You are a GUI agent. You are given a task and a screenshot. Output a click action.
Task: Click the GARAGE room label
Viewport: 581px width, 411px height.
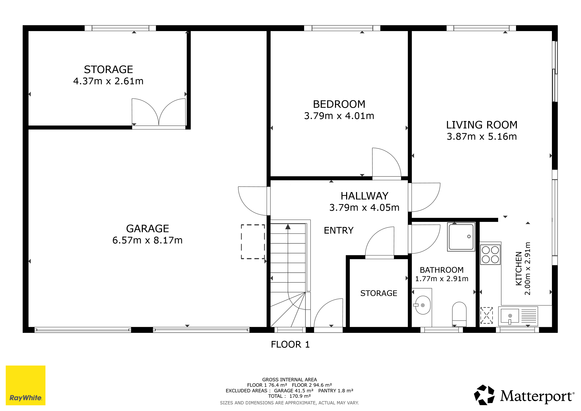(x=147, y=229)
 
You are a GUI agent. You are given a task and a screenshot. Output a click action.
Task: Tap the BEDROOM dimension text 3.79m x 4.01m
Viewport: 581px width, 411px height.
(x=339, y=116)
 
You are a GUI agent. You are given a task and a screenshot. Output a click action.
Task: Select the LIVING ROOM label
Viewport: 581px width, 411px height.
(x=481, y=125)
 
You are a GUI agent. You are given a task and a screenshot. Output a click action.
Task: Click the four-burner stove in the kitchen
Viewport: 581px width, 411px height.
(x=490, y=255)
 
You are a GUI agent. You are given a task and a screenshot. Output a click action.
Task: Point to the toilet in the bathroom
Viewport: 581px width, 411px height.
(x=459, y=314)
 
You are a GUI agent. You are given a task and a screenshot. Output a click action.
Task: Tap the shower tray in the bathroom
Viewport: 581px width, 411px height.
(x=461, y=237)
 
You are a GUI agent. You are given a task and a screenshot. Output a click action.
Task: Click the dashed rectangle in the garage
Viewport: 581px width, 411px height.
(x=253, y=242)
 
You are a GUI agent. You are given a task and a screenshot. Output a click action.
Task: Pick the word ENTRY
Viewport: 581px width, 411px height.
(x=339, y=231)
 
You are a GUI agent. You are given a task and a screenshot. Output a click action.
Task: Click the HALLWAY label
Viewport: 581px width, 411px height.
(x=364, y=196)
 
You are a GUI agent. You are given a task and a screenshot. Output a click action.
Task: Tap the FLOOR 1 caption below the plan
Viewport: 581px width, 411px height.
(x=290, y=344)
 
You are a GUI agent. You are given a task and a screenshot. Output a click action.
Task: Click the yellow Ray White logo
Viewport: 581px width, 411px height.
(x=25, y=385)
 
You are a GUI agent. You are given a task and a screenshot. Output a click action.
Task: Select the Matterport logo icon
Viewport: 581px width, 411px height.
(x=484, y=395)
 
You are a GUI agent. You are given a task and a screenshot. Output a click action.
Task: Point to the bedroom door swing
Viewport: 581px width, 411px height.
(x=387, y=162)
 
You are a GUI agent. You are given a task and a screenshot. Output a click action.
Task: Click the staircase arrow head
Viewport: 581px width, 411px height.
(x=288, y=227)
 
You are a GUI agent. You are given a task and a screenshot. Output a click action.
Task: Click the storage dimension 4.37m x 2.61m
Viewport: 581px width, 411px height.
(x=108, y=81)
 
